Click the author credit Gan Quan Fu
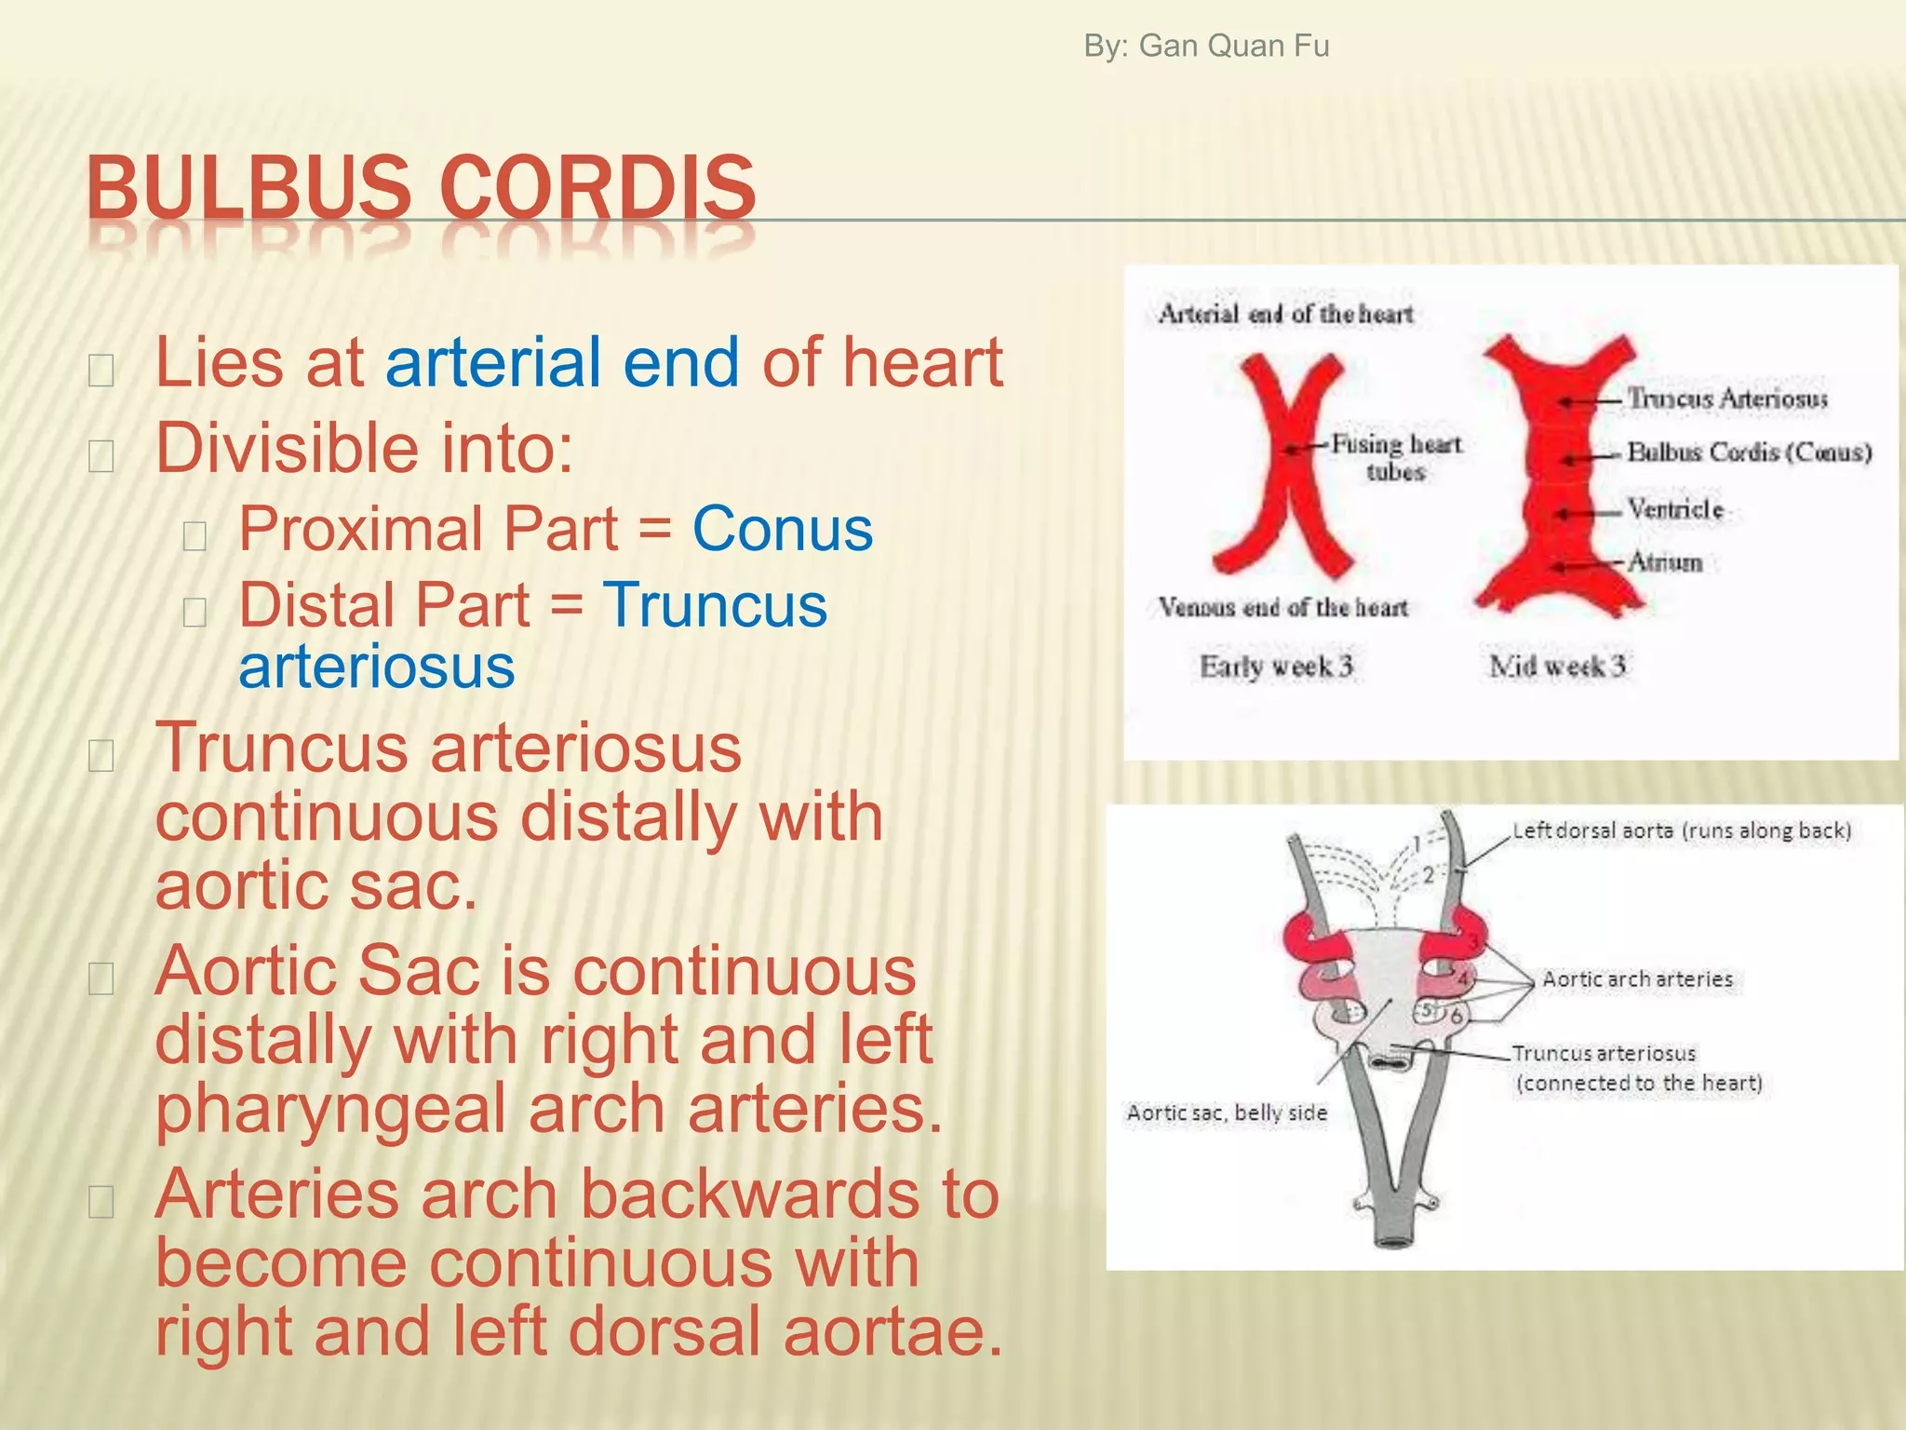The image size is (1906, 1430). (x=1206, y=46)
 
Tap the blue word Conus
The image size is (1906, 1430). (x=782, y=529)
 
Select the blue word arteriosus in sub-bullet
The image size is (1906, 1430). (x=377, y=667)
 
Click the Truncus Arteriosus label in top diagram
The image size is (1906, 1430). (x=1726, y=398)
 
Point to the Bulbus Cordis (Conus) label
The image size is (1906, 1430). (x=1749, y=452)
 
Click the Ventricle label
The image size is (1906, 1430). (x=1675, y=509)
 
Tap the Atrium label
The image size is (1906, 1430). (x=1665, y=562)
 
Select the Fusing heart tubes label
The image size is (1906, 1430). (x=1396, y=457)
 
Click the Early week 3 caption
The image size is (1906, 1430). (x=1275, y=667)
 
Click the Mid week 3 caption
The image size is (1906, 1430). (x=1557, y=667)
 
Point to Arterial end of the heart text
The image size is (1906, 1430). (x=1285, y=315)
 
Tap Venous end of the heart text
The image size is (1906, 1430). (x=1282, y=608)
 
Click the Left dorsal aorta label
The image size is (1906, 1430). (x=1681, y=830)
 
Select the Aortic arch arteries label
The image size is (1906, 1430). (x=1637, y=979)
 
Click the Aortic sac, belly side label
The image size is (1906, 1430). (x=1227, y=1113)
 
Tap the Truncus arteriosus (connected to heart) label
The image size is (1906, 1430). (x=1636, y=1068)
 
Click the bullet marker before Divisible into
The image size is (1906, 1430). (x=101, y=456)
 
